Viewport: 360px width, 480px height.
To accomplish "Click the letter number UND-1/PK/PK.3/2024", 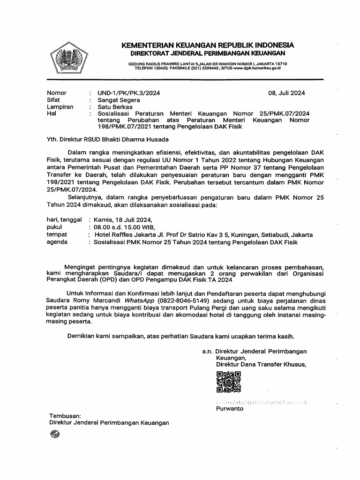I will click(129, 93).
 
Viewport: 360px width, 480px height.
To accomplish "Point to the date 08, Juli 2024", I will click(286, 93).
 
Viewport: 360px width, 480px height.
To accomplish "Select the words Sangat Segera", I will click(119, 100).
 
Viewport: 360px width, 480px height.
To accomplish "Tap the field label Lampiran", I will click(60, 107).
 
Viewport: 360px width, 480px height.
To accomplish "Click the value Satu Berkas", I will click(115, 107).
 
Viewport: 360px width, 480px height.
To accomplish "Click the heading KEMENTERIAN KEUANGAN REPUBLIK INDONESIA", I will click(208, 45).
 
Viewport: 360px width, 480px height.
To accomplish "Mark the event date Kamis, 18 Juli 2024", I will click(123, 219).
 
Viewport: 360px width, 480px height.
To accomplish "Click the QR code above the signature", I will click(229, 382).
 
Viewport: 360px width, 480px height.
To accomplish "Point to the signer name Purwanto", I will click(230, 408).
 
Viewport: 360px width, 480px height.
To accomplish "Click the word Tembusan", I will click(65, 415).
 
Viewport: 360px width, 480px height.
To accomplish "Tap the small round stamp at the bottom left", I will click(54, 435).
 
